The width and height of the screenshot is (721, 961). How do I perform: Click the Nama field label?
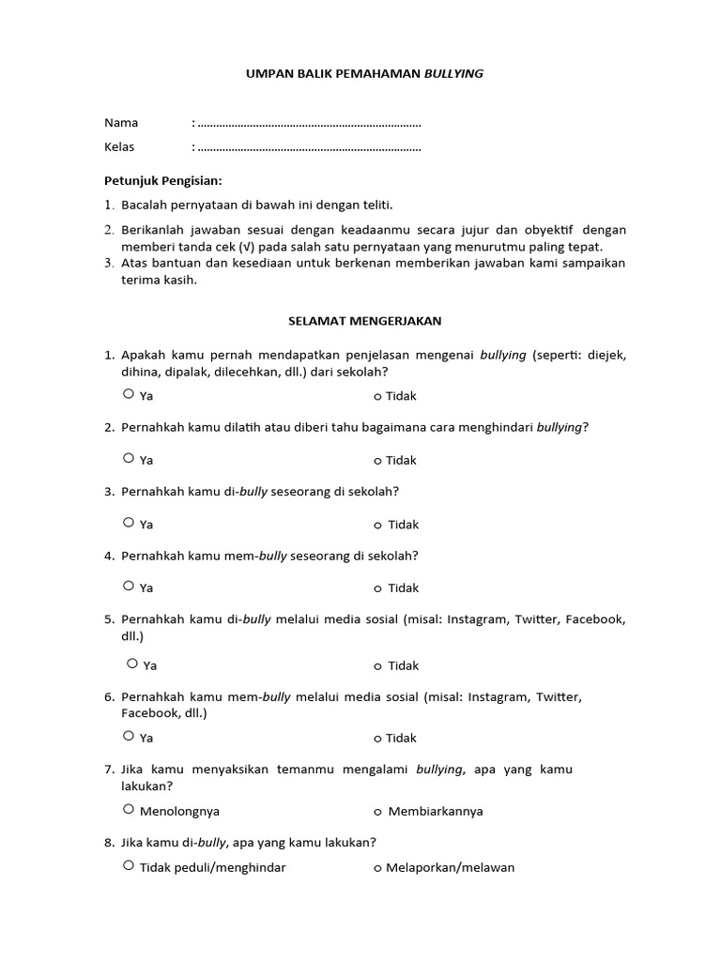(x=121, y=123)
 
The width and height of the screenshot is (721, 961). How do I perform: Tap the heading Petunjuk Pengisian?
(x=163, y=180)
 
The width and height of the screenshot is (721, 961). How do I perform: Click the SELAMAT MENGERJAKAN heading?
(x=364, y=321)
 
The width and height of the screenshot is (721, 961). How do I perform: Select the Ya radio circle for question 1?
(x=129, y=395)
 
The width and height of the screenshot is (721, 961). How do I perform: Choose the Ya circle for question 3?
(x=129, y=523)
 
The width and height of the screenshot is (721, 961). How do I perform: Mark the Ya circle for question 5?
(x=132, y=664)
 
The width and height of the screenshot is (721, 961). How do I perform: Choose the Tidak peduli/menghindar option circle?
(x=129, y=866)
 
